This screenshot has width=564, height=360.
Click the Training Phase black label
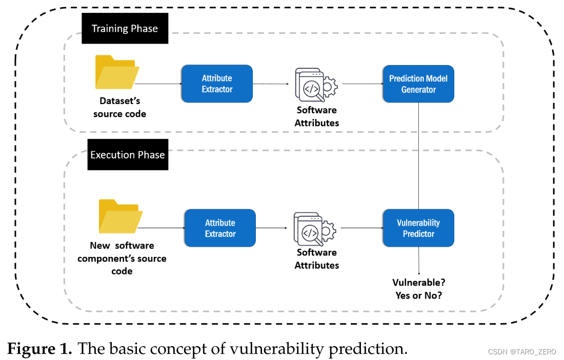(x=125, y=28)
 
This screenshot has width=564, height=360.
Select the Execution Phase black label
(x=128, y=155)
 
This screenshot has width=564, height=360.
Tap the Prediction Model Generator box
(x=418, y=84)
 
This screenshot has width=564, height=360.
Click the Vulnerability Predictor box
(x=418, y=228)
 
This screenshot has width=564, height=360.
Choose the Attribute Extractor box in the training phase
(x=217, y=84)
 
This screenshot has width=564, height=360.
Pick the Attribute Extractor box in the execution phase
(x=220, y=228)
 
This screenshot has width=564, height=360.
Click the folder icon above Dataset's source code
(x=117, y=72)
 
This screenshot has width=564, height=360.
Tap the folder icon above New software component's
(x=120, y=216)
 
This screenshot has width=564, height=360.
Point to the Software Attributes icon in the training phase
(x=316, y=85)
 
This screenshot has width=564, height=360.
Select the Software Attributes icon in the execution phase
(x=315, y=229)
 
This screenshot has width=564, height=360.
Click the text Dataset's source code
(x=120, y=107)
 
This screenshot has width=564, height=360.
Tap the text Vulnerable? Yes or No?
(x=419, y=289)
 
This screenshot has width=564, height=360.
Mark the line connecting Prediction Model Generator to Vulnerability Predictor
(x=419, y=156)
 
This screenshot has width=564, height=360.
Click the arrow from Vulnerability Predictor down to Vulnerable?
(x=419, y=261)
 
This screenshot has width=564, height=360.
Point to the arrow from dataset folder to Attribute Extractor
(x=158, y=84)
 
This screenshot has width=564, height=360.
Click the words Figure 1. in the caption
(x=39, y=349)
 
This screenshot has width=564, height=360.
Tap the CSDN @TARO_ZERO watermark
(x=522, y=352)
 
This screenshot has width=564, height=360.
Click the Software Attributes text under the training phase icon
(x=317, y=116)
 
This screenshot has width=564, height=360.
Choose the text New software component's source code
(x=122, y=258)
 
